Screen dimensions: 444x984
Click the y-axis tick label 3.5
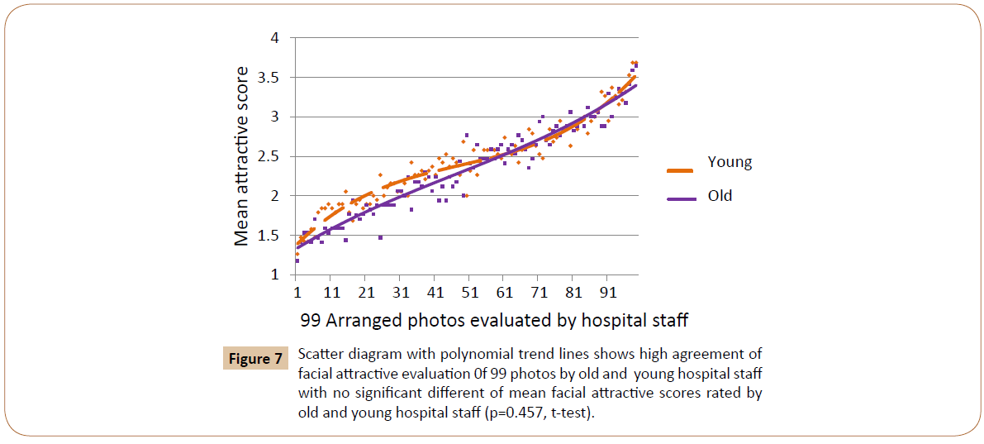point(269,78)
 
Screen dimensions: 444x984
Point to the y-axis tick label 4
point(275,38)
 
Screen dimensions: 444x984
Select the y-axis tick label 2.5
point(269,156)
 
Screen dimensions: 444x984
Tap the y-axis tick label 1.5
point(269,236)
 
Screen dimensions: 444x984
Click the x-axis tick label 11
point(331,293)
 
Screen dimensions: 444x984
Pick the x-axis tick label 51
point(469,293)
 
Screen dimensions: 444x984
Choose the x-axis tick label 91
point(608,293)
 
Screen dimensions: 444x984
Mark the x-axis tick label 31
point(401,293)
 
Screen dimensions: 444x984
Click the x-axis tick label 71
point(539,293)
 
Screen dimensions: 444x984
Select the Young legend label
point(730,162)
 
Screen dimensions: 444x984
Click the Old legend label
point(720,196)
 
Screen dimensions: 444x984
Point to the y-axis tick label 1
point(275,275)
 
